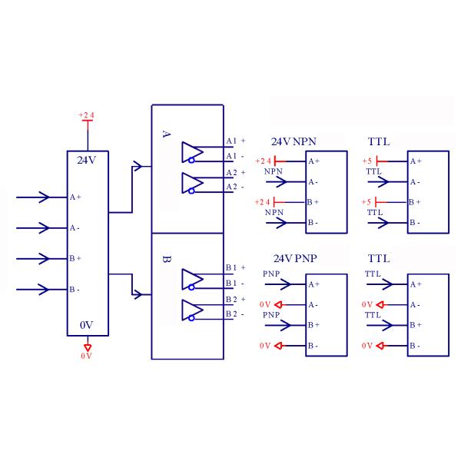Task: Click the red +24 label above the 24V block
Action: (87, 115)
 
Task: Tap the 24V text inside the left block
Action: (87, 161)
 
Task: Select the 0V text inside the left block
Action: (87, 325)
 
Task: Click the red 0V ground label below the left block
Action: (87, 356)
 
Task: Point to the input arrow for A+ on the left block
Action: (35, 197)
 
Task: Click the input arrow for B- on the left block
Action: (35, 290)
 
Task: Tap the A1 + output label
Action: (235, 141)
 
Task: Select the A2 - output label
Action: (234, 187)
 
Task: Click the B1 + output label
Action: (235, 267)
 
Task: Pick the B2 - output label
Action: (234, 313)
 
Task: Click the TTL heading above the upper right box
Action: (379, 142)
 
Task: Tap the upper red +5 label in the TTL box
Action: (367, 161)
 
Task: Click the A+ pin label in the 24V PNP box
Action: (313, 284)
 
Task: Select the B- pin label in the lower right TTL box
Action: (414, 346)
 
